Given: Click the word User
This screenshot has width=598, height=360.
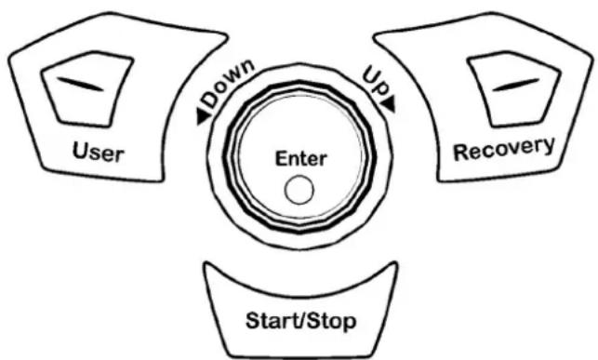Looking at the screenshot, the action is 98,153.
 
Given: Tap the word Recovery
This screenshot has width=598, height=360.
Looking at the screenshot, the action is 504,149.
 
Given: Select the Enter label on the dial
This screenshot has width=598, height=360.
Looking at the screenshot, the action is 301,159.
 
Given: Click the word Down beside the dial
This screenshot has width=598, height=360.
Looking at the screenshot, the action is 228,83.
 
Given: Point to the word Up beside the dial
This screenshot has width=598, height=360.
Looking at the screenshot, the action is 376,80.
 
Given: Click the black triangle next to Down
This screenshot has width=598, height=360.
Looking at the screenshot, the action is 203,116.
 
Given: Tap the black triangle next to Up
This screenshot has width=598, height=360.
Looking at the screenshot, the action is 389,104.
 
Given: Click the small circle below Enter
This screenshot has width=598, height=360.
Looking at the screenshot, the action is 299,190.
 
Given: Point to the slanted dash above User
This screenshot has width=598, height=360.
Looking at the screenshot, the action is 80,84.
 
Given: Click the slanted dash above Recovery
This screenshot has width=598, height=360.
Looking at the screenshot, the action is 516,85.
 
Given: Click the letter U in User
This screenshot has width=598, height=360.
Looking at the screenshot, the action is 80,151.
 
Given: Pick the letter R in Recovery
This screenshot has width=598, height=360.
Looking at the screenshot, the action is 460,153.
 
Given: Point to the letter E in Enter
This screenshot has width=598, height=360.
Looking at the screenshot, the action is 281,158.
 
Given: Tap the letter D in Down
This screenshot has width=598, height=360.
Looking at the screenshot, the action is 210,100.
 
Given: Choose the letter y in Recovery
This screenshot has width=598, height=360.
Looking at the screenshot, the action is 549,146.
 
